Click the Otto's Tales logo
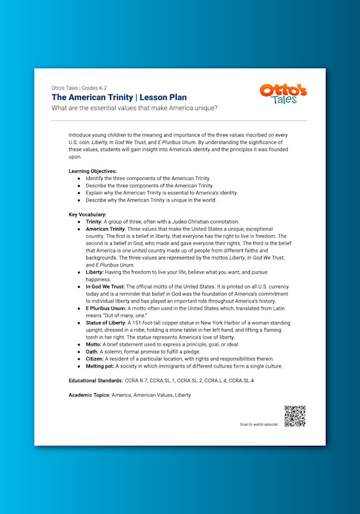pyautogui.click(x=283, y=94)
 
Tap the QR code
pyautogui.click(x=294, y=416)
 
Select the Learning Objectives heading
pyautogui.click(x=93, y=171)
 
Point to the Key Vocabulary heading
pyautogui.click(x=87, y=214)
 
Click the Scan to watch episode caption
pyautogui.click(x=259, y=425)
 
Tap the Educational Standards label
pyautogui.click(x=94, y=381)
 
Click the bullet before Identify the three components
pyautogui.click(x=79, y=178)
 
